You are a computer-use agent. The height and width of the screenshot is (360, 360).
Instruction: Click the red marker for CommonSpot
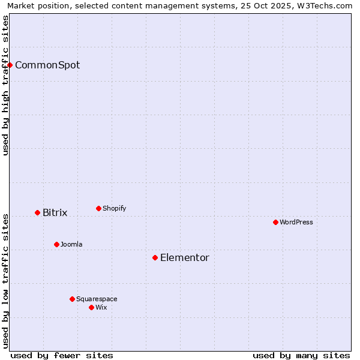coord(10,65)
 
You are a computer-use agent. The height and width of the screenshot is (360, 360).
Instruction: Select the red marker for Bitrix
coord(37,212)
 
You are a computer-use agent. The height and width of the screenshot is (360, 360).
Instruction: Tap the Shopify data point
coord(98,208)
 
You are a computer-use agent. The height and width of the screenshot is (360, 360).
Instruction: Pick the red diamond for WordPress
coord(275,222)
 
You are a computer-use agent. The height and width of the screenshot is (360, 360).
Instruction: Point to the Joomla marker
coord(56,244)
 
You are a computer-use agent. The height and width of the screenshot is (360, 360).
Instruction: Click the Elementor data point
coord(155,257)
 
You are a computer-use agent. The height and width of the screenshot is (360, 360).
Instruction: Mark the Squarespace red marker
coord(72,299)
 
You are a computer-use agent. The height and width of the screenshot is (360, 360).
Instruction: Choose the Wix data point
coord(91,307)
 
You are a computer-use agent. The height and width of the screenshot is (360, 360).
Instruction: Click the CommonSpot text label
coord(47,65)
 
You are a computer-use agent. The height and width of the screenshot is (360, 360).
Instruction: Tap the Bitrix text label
coord(55,212)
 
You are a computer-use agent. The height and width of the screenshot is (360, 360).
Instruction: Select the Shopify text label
coord(114,208)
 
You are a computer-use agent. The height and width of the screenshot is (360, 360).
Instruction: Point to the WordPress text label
coord(296,222)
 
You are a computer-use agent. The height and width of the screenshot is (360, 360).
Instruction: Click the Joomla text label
coord(71,244)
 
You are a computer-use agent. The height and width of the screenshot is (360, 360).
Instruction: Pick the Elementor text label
coord(185,257)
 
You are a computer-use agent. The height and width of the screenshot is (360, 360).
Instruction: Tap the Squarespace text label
coord(97,299)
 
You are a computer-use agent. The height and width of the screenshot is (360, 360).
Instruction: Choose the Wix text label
coord(101,307)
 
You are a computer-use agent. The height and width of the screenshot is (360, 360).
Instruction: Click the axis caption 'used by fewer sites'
coord(62,355)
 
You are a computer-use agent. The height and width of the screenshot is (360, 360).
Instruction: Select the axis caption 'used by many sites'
coord(301,355)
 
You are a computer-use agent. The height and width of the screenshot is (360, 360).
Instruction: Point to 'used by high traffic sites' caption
coord(5,85)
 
